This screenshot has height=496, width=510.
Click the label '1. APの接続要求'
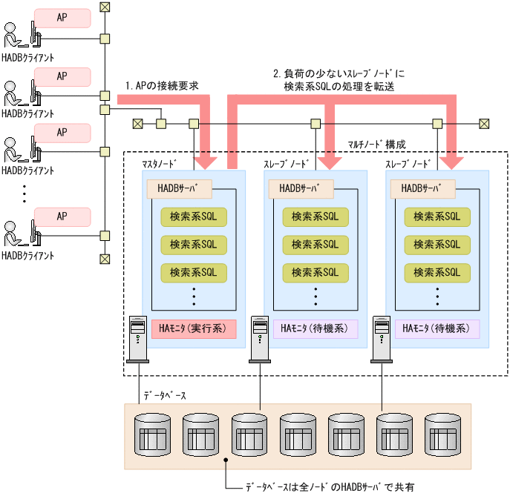tap(162, 85)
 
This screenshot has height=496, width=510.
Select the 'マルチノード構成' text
tap(376, 143)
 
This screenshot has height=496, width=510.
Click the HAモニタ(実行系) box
tap(193, 328)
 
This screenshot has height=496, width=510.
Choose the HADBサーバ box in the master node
tap(180, 188)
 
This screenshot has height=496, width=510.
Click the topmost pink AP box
tap(62, 18)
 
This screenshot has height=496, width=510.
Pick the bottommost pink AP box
tap(62, 216)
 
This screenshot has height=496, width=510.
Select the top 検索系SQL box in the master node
tap(193, 216)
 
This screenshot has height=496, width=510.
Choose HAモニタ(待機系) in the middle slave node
tap(315, 328)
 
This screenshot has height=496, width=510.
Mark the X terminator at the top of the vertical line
tap(105, 7)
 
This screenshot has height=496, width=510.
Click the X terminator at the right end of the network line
tap(484, 123)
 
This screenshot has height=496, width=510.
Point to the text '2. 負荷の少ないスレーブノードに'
tap(339, 73)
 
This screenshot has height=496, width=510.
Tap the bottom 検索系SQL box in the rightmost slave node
tap(437, 271)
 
